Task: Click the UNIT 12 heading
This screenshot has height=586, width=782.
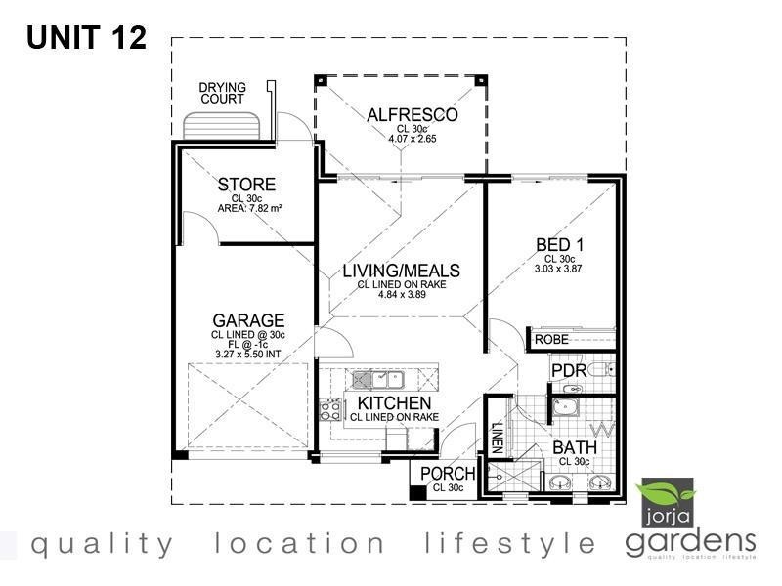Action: (86, 38)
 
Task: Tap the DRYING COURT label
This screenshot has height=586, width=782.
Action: (223, 93)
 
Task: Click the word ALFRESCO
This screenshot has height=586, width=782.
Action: (412, 115)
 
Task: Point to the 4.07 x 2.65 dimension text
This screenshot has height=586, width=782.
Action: (412, 139)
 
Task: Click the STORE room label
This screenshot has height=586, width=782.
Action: (246, 185)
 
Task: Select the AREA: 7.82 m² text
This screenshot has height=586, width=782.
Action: (250, 208)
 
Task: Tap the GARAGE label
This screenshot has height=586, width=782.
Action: (248, 320)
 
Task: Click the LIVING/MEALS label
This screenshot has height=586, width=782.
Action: (401, 271)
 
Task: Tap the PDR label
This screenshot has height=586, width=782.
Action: (568, 372)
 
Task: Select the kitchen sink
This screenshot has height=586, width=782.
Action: (376, 377)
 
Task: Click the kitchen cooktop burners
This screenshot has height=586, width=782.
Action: (330, 409)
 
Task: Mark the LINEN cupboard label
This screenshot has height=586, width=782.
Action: (497, 437)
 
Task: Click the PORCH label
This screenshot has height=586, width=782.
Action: (447, 474)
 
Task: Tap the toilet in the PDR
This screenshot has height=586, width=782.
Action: (605, 370)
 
